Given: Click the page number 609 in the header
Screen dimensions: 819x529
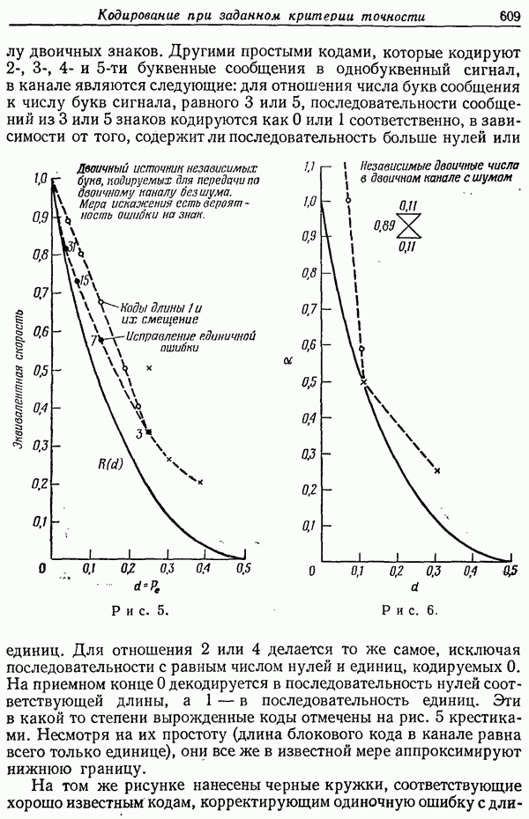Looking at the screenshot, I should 511,15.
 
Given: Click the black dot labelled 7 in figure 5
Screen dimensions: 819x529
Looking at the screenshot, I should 101,339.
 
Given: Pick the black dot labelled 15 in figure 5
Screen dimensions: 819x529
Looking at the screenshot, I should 78,280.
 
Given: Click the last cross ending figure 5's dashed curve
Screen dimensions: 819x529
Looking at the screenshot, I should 200,482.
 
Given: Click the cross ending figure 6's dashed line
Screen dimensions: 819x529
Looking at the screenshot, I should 437,471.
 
